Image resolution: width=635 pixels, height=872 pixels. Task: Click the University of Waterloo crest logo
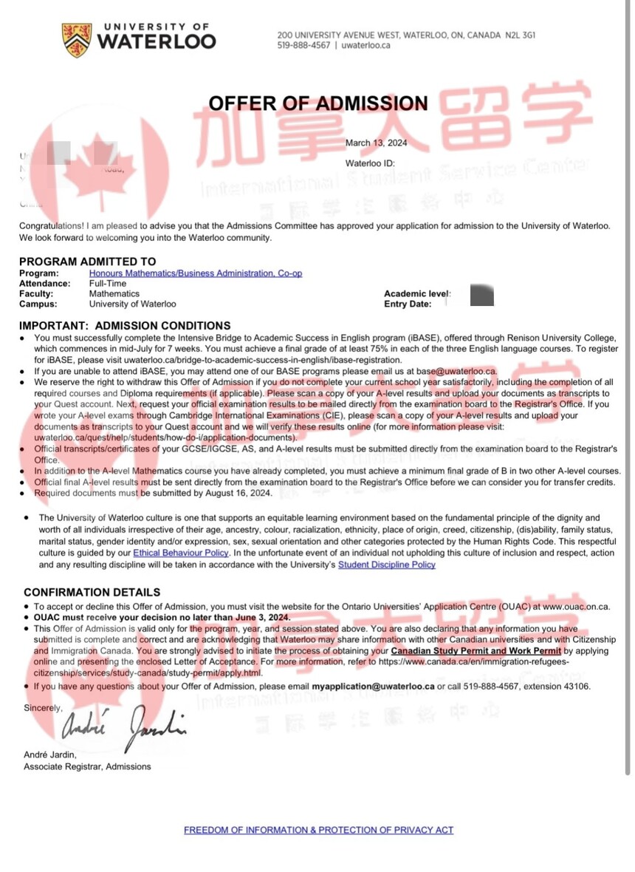[x=77, y=39]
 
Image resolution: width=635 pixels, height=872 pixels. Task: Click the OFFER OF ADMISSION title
[x=317, y=103]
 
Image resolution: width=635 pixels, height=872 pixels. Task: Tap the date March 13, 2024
[x=376, y=143]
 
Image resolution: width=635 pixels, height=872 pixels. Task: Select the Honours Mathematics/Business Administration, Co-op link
[x=196, y=273]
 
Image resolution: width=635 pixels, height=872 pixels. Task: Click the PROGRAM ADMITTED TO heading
[x=87, y=261]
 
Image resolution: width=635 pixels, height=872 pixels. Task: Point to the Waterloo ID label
[x=370, y=163]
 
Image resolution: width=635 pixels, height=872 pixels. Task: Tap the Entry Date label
[x=408, y=304]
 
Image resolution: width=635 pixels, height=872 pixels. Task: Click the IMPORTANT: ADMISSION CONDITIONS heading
[x=124, y=325]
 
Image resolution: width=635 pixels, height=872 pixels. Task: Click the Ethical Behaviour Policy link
[x=181, y=553]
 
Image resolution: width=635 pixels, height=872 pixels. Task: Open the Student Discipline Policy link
[x=386, y=565]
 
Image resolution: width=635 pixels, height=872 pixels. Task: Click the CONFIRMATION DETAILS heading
[x=92, y=592]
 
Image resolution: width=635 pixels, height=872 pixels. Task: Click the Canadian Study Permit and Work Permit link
[x=476, y=651]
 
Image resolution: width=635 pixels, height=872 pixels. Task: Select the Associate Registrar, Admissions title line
[x=87, y=766]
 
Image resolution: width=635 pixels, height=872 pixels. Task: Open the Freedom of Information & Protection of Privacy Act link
[x=318, y=830]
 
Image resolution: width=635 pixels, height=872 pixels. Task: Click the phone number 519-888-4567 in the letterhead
[x=303, y=45]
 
